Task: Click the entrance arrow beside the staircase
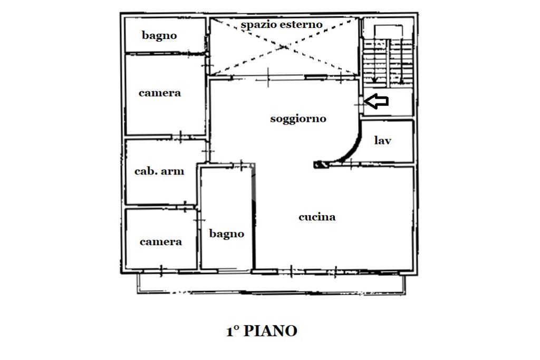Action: point(377,101)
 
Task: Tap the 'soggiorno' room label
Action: point(298,119)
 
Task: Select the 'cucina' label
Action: point(317,217)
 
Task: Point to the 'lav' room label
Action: point(383,141)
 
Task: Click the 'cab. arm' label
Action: point(159,171)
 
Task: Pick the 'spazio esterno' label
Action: point(282,25)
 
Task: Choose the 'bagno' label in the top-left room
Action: point(159,36)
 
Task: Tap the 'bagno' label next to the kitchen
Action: point(227,233)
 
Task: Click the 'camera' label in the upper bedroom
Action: point(160,93)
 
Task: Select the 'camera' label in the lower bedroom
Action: point(161,241)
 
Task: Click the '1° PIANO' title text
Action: point(262,331)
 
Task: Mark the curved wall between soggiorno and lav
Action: point(353,147)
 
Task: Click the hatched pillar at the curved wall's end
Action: point(320,164)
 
